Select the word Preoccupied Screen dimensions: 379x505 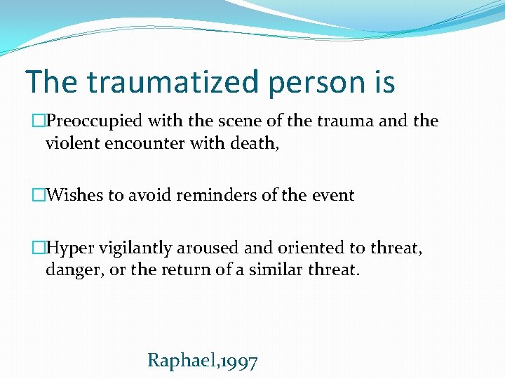tap(96, 121)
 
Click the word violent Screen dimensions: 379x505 tap(69, 143)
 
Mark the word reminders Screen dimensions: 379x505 tap(215, 195)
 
